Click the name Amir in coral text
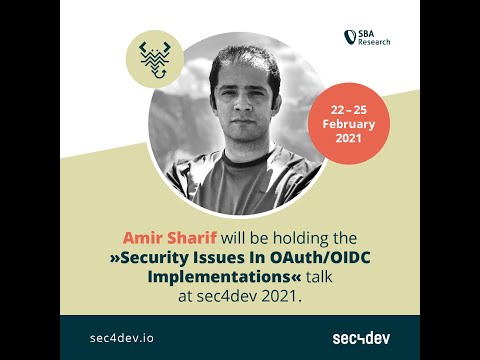(142, 238)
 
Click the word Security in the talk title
(163, 256)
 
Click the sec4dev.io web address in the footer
(121, 338)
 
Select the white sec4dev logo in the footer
(361, 338)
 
